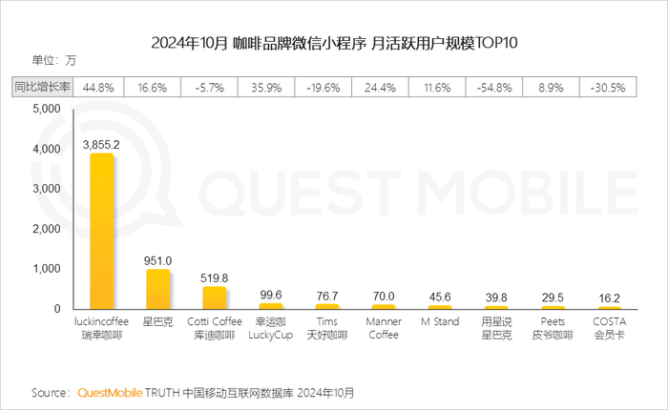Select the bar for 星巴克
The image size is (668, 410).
click(x=157, y=289)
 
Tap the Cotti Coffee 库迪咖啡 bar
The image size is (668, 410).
click(x=214, y=297)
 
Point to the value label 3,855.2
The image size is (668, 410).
click(x=101, y=144)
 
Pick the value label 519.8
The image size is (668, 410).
click(x=214, y=277)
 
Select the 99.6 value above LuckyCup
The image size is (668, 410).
click(x=271, y=295)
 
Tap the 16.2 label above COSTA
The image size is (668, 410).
click(x=609, y=297)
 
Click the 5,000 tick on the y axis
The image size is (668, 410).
click(x=46, y=110)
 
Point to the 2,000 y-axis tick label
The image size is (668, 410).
click(x=46, y=230)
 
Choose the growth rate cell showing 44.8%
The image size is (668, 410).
click(x=99, y=87)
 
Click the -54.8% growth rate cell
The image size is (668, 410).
click(x=496, y=87)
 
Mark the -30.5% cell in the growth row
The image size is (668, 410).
click(x=609, y=87)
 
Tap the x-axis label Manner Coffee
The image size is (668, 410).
click(x=383, y=329)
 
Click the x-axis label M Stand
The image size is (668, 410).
click(x=440, y=323)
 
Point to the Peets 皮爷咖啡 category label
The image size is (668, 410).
click(x=553, y=329)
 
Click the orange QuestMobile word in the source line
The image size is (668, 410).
click(x=110, y=393)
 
